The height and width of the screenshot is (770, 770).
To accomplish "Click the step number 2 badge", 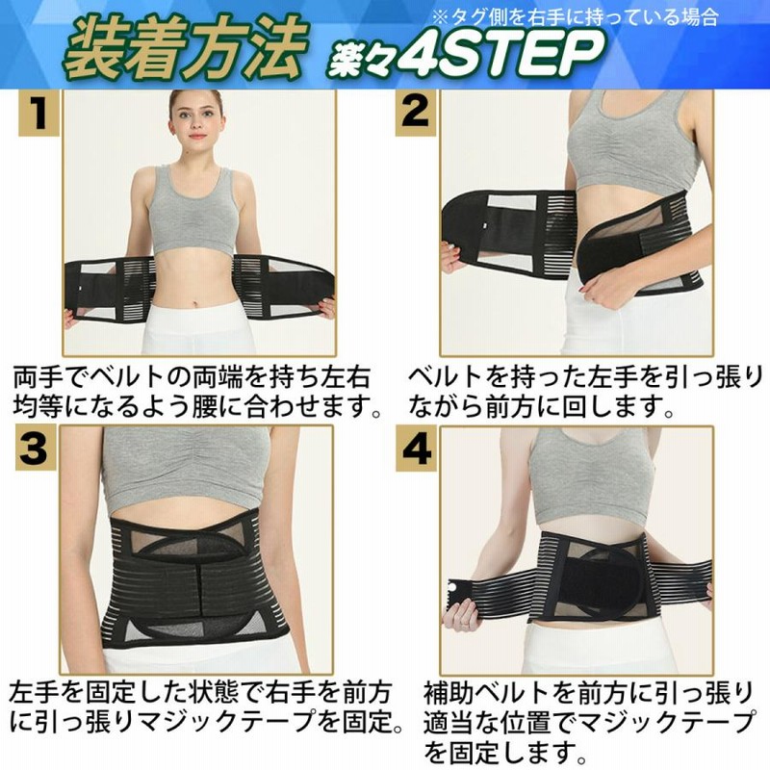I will click(x=415, y=113).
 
